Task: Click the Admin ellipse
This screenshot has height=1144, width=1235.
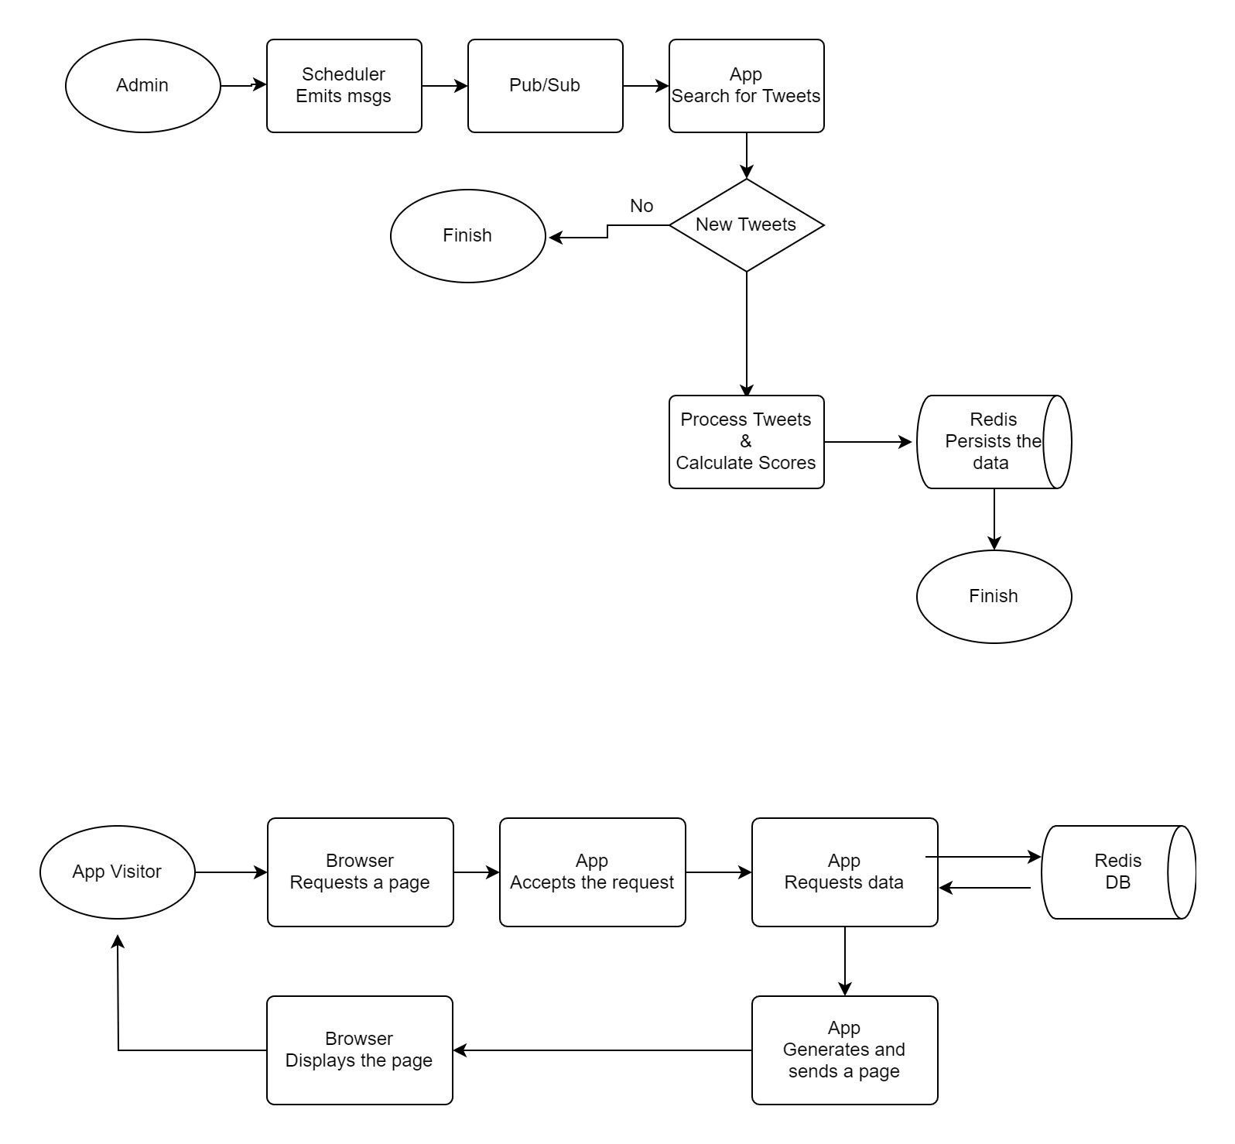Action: (x=142, y=86)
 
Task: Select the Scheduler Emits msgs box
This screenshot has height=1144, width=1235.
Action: (x=344, y=86)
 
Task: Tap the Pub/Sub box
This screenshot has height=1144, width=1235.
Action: (x=545, y=86)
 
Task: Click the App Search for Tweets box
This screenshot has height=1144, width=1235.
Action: (x=746, y=86)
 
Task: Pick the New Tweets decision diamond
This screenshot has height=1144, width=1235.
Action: (x=746, y=225)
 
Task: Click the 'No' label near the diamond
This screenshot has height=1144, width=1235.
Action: (x=641, y=206)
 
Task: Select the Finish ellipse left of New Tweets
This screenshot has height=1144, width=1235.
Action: (x=467, y=236)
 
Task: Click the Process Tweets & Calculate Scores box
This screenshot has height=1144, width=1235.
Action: (x=746, y=442)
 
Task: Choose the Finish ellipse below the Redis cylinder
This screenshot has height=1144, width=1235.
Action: (x=994, y=597)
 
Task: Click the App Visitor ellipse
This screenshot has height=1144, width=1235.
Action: (x=117, y=872)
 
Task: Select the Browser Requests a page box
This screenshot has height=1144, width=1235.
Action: (x=360, y=872)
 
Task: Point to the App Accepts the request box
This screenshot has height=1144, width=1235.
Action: (x=592, y=872)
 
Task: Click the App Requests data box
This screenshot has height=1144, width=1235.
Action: (x=844, y=872)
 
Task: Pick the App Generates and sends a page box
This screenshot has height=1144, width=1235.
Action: (x=844, y=1050)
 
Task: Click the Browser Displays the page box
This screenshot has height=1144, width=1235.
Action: (x=359, y=1050)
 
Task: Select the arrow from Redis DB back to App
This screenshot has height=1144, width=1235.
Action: (x=985, y=889)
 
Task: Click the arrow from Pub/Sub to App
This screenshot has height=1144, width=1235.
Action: (x=645, y=86)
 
